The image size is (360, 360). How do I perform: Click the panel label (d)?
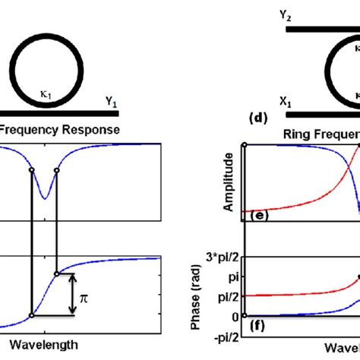point(258,118)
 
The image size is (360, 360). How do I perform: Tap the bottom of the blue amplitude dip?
point(45,198)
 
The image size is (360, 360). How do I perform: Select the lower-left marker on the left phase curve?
point(31,315)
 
